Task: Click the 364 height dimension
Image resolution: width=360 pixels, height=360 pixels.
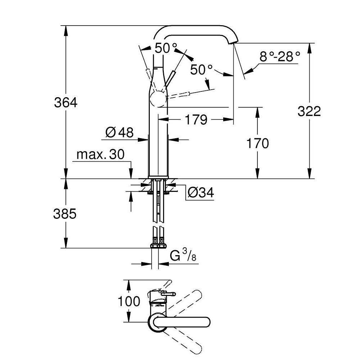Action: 66,103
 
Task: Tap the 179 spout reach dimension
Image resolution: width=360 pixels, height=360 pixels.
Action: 196,120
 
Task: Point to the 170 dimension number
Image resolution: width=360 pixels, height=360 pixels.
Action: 257,144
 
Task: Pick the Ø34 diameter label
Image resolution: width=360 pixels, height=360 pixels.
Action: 201,193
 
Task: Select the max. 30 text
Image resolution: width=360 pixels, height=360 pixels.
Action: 100,155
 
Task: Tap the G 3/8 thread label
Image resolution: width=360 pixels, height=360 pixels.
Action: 183,256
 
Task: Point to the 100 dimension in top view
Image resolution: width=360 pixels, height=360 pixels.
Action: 129,301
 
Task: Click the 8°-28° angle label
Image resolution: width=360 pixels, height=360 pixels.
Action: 280,57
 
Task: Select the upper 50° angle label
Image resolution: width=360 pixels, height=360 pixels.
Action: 166,48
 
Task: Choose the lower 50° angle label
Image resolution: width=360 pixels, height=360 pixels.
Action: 202,69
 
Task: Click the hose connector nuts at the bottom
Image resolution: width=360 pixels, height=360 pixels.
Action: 158,246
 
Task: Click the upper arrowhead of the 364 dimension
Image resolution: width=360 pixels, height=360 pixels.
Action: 66,29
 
